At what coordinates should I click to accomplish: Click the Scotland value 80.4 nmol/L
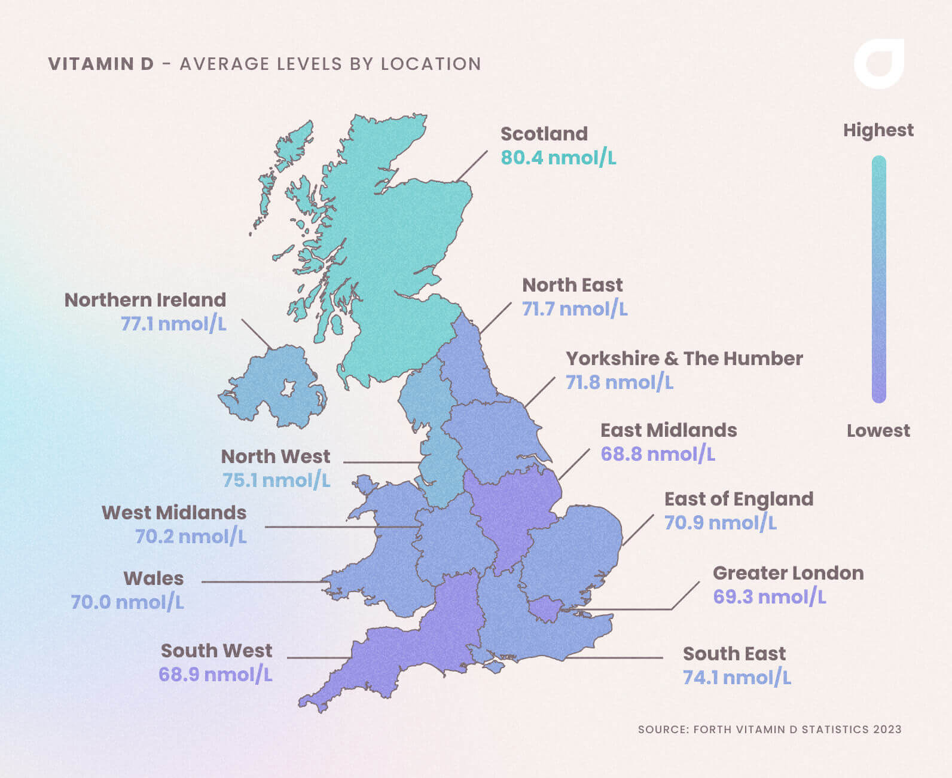pyautogui.click(x=558, y=158)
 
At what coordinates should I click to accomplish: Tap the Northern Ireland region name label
pyautogui.click(x=145, y=300)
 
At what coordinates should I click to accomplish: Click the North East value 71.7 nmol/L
pyautogui.click(x=575, y=309)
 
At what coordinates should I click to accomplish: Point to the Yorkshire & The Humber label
pyautogui.click(x=684, y=359)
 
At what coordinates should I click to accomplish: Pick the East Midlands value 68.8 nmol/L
pyautogui.click(x=657, y=454)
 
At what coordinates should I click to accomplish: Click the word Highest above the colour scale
pyautogui.click(x=878, y=130)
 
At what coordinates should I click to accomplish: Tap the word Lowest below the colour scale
pyautogui.click(x=878, y=431)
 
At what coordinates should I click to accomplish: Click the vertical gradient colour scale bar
pyautogui.click(x=878, y=279)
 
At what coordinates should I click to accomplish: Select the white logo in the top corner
pyautogui.click(x=879, y=64)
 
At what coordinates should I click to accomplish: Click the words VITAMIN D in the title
pyautogui.click(x=101, y=64)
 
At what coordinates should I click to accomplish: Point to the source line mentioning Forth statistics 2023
pyautogui.click(x=769, y=730)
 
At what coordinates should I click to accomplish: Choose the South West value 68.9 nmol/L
pyautogui.click(x=215, y=675)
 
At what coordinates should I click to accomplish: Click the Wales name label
pyautogui.click(x=154, y=578)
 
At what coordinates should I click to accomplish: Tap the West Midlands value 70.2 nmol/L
pyautogui.click(x=190, y=537)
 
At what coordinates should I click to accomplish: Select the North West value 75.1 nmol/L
pyautogui.click(x=276, y=480)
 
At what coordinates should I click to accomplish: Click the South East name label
pyautogui.click(x=734, y=654)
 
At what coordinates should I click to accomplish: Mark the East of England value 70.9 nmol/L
pyautogui.click(x=720, y=523)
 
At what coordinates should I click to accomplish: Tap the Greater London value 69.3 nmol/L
pyautogui.click(x=769, y=597)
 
